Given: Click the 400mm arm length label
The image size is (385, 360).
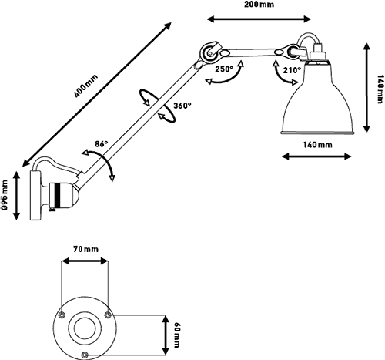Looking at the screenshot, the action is [x=86, y=86].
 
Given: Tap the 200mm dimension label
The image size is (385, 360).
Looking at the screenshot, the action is [x=259, y=5].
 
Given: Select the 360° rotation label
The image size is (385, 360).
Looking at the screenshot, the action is [x=182, y=106].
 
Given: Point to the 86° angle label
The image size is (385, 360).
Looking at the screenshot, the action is [x=102, y=144].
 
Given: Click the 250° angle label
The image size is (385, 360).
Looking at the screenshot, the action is [x=224, y=69].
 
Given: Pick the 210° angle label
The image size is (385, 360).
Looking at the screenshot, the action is [x=292, y=70].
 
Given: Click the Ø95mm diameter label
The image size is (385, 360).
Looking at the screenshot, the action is [x=5, y=194].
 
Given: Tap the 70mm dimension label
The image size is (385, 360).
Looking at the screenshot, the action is [x=85, y=249].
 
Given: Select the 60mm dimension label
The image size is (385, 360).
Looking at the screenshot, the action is [x=176, y=335].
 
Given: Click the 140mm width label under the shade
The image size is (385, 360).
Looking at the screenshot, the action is [x=317, y=145].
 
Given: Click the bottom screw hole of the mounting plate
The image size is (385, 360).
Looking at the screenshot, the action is [x=85, y=355].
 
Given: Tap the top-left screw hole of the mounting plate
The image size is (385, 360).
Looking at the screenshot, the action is [x=62, y=315].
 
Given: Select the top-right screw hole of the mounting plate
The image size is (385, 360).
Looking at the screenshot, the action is [x=108, y=315].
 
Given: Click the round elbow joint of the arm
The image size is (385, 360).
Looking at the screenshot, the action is [x=209, y=52].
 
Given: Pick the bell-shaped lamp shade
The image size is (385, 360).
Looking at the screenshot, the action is [x=317, y=98].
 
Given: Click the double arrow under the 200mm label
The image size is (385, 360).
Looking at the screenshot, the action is [x=259, y=19].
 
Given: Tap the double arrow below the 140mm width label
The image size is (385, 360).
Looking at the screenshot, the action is [x=316, y=156].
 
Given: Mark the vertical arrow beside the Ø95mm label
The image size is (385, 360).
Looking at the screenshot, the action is [x=16, y=196].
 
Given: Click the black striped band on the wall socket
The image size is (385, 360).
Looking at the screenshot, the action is [x=59, y=195].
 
